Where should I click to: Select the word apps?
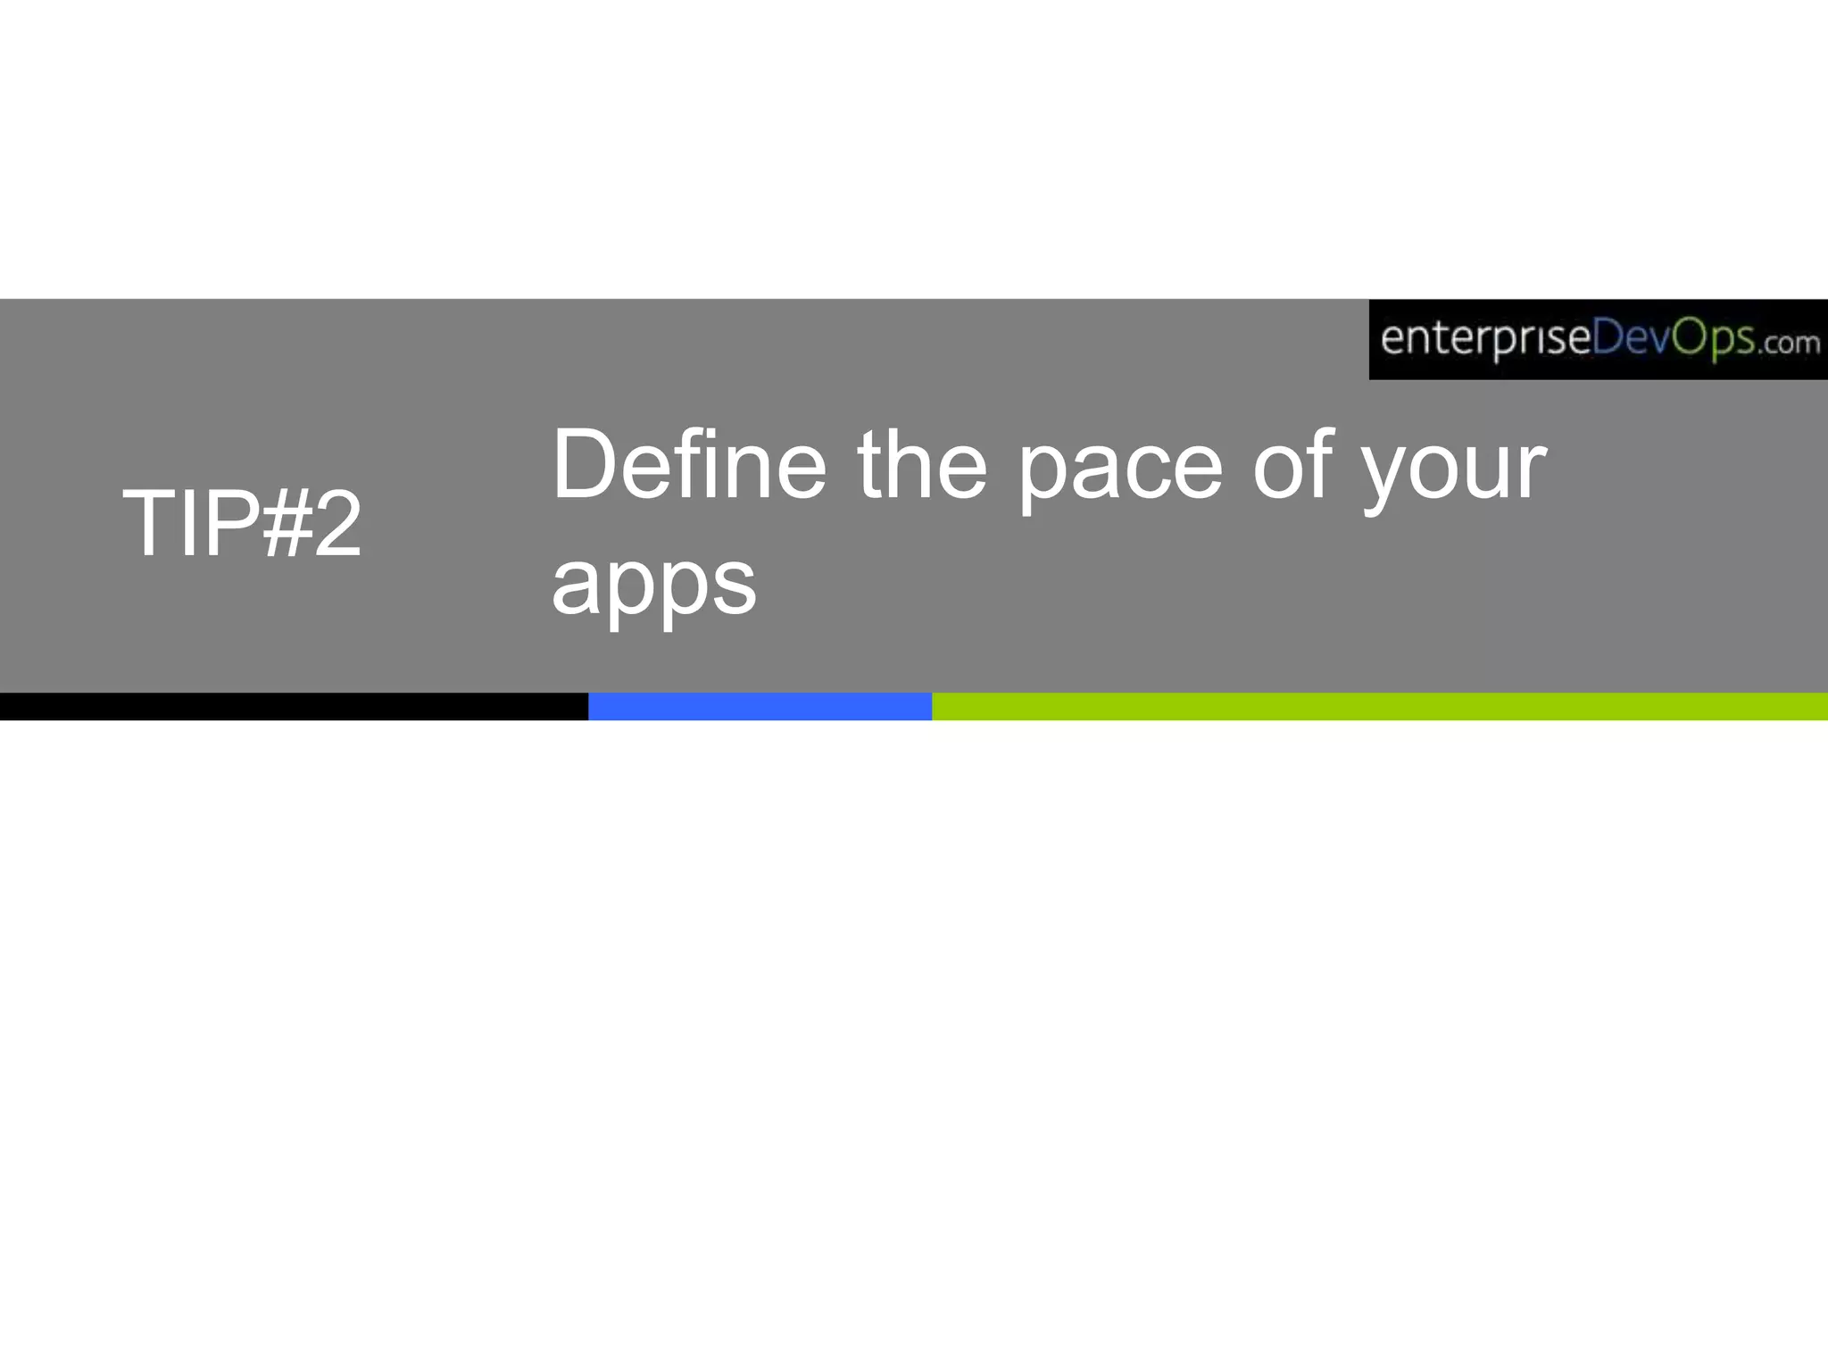653,586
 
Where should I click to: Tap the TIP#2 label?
242,524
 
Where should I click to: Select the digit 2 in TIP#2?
337,524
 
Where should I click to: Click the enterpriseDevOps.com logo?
1598,339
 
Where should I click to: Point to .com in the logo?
1789,343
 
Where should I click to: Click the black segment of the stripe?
294,706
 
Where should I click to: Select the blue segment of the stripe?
760,706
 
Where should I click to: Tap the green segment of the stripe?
1379,706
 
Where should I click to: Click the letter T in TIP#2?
148,524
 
